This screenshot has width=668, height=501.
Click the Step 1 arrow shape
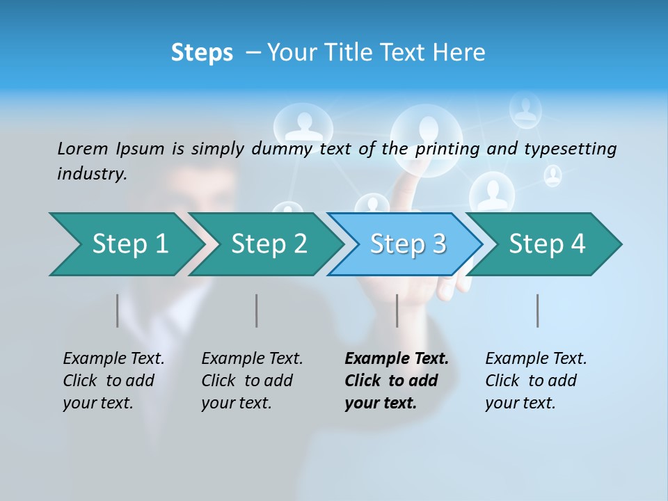pyautogui.click(x=125, y=244)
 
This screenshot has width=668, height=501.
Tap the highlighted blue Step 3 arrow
pyautogui.click(x=407, y=244)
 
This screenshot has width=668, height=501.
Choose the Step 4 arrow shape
pyautogui.click(x=546, y=244)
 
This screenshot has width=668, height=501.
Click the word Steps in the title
pyautogui.click(x=202, y=53)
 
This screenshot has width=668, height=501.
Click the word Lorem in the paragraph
pyautogui.click(x=83, y=149)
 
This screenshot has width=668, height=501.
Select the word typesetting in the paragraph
pyautogui.click(x=570, y=149)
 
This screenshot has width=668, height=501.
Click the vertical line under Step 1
pyautogui.click(x=118, y=310)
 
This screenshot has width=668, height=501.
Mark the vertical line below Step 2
pyautogui.click(x=257, y=310)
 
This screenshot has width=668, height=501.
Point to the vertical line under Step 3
pyautogui.click(x=397, y=310)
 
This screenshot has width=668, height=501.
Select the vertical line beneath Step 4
pyautogui.click(x=538, y=310)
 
